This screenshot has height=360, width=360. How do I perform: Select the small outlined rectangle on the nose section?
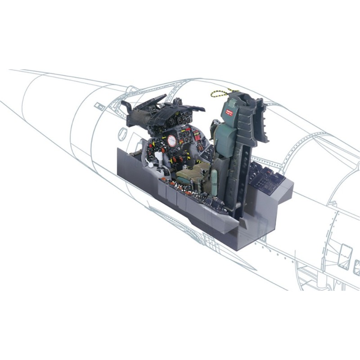click(x=98, y=107)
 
